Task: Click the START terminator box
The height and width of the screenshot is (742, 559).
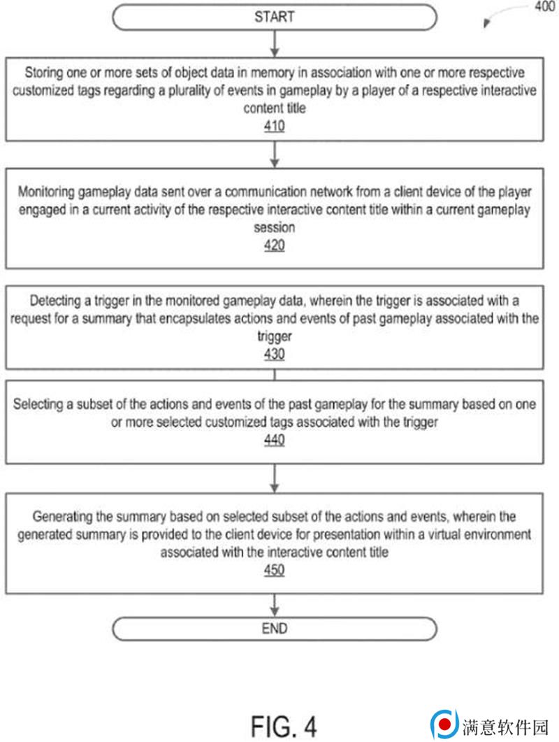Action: tap(275, 17)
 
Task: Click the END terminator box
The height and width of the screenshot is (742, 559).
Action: tap(275, 628)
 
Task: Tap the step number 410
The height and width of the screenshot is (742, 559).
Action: tap(275, 127)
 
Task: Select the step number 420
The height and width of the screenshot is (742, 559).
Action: tap(275, 245)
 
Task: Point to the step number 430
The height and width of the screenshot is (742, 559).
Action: tap(275, 355)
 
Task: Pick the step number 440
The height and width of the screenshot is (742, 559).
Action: tap(275, 440)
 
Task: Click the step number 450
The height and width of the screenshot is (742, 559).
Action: tap(275, 571)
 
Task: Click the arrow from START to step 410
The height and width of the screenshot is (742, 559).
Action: tap(275, 43)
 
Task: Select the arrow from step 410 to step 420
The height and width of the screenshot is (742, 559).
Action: tap(275, 155)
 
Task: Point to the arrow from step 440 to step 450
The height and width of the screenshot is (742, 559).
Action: tap(275, 478)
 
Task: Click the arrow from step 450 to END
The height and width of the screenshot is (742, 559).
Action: tap(275, 605)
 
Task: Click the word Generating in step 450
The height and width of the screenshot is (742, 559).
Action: tap(61, 517)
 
